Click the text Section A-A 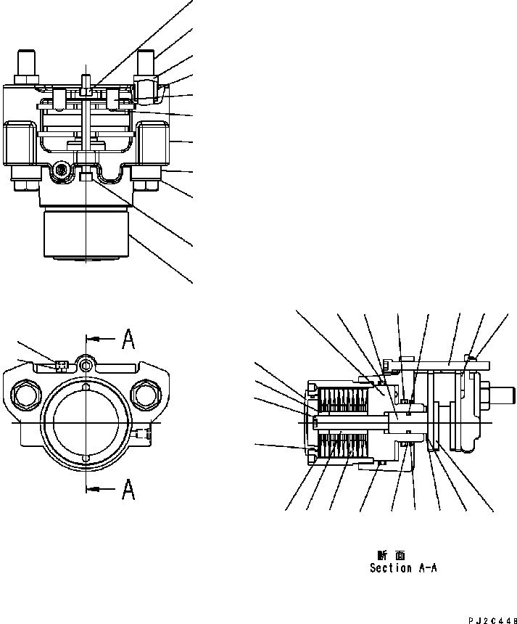[402, 568]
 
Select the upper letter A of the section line [128, 338]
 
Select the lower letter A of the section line [128, 490]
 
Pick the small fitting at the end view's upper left [60, 365]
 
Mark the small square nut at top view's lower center [86, 177]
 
